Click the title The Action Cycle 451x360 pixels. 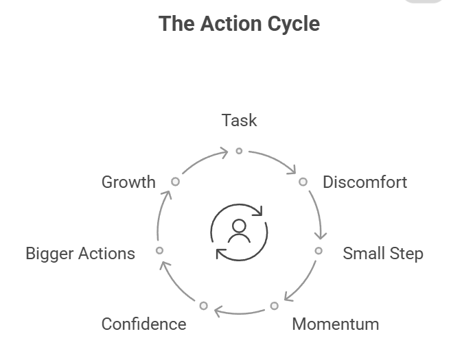point(239,23)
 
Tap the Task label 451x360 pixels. point(239,120)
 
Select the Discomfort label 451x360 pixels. point(365,182)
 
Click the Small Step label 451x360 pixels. point(383,254)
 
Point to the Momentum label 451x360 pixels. point(336,324)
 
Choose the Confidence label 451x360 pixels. point(144,324)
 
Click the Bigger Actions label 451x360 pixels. point(80,254)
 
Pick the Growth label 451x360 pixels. point(128,182)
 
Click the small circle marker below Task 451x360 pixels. point(239,151)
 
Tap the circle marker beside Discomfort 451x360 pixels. point(303,182)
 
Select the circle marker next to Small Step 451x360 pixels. point(319,250)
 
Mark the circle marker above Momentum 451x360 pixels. point(275,306)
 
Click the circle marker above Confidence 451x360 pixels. point(204,306)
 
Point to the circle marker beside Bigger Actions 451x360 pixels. point(160,250)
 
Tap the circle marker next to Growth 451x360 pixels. point(175,182)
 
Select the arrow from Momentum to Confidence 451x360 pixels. point(239,313)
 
